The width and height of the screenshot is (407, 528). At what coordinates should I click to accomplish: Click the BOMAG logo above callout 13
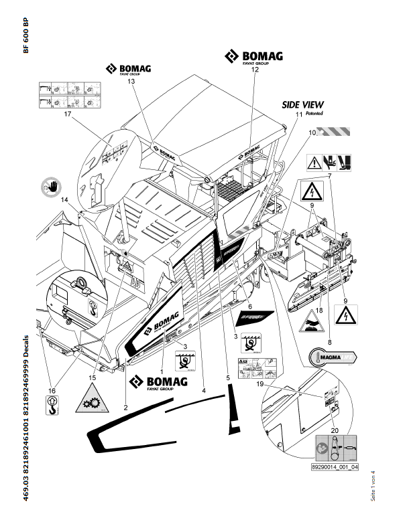pyautogui.click(x=127, y=70)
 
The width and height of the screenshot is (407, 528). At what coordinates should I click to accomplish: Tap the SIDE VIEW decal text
pyautogui.click(x=302, y=105)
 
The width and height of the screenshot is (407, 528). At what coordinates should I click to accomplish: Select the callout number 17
pyautogui.click(x=67, y=114)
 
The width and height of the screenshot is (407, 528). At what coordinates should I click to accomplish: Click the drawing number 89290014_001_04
pyautogui.click(x=335, y=468)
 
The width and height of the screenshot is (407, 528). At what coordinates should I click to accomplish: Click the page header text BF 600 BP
pyautogui.click(x=26, y=36)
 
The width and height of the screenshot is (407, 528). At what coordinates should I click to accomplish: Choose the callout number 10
pyautogui.click(x=312, y=133)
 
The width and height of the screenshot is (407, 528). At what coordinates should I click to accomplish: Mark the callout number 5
pyautogui.click(x=228, y=378)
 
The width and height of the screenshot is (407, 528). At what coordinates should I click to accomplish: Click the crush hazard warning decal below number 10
pyautogui.click(x=331, y=161)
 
